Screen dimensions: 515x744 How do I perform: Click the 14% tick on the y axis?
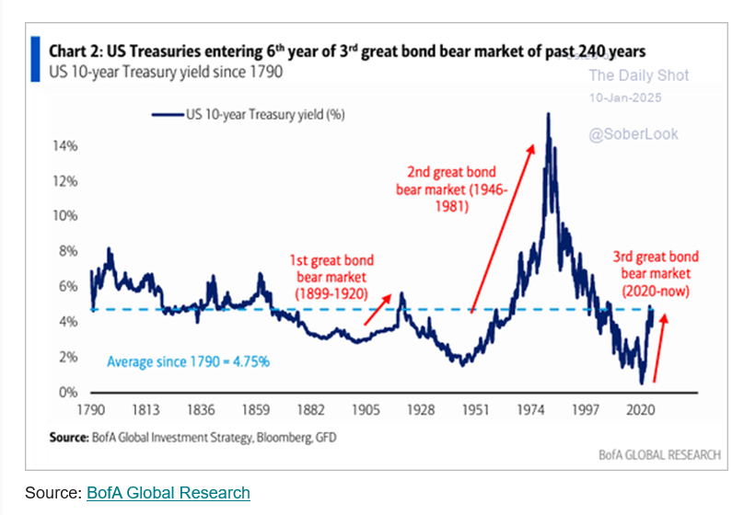pyautogui.click(x=64, y=146)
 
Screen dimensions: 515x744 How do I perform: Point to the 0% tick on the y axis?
pyautogui.click(x=66, y=393)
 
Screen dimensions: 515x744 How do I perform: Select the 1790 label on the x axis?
pyautogui.click(x=90, y=410)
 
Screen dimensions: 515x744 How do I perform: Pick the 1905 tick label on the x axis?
pyautogui.click(x=367, y=410)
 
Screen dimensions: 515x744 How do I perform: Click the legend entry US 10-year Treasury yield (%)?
pyautogui.click(x=247, y=115)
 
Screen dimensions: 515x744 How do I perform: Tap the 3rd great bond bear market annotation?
pyautogui.click(x=657, y=273)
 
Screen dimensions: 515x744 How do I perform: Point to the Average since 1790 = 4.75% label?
pyautogui.click(x=188, y=361)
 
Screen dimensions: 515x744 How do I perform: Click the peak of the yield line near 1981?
pyautogui.click(x=549, y=115)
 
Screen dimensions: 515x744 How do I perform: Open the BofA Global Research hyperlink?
pyautogui.click(x=168, y=493)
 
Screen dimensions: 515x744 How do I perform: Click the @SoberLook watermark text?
pyautogui.click(x=634, y=134)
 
